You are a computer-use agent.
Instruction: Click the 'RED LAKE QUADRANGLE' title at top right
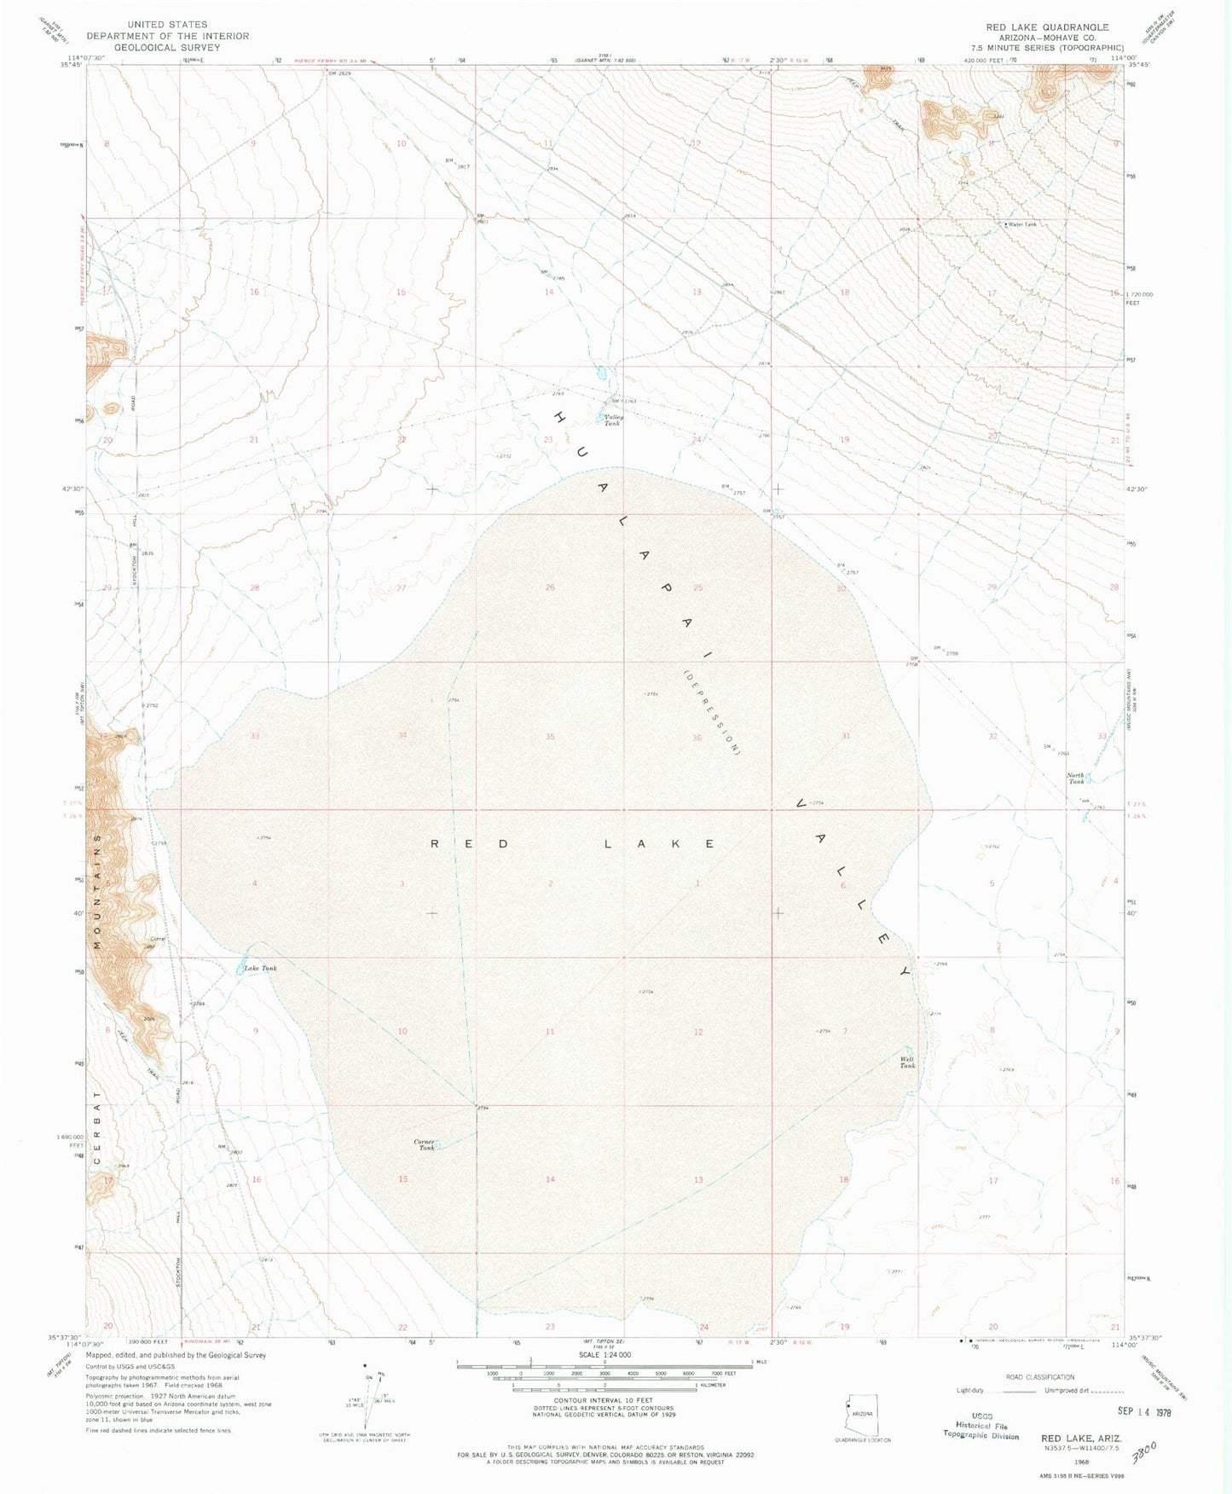point(1047,27)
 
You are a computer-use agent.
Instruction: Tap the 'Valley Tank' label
point(614,420)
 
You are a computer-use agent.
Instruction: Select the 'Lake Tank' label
point(260,969)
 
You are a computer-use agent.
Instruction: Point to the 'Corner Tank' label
point(425,1144)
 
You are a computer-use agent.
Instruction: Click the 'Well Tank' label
point(908,1063)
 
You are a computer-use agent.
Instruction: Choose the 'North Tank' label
point(1077,779)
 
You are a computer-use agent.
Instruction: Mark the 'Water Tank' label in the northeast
point(1022,224)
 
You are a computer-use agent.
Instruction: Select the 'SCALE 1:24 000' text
point(604,1354)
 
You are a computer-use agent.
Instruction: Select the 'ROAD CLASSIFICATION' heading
point(1039,1377)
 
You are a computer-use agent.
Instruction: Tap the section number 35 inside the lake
point(550,737)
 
